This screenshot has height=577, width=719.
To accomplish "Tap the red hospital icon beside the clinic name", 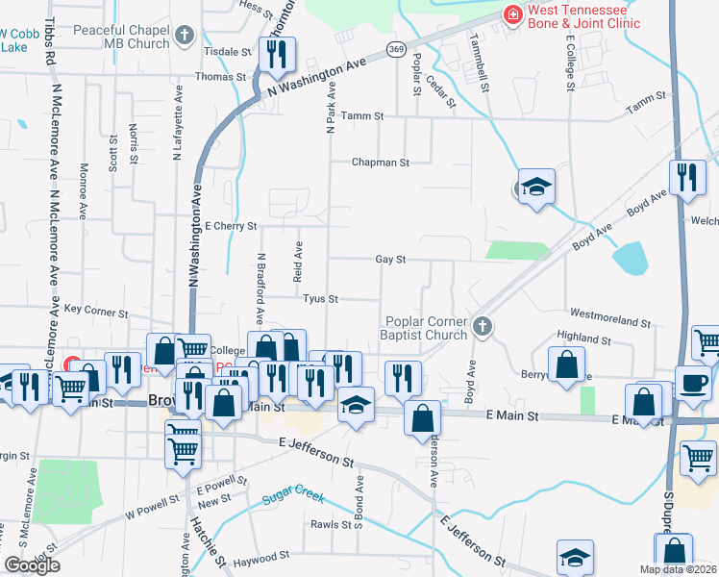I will click(512, 15).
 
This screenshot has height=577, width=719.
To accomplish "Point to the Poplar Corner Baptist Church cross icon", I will click(483, 328).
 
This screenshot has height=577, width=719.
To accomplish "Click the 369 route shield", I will click(394, 47).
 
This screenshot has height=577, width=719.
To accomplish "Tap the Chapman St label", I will click(380, 163).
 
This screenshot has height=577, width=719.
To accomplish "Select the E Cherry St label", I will click(231, 226).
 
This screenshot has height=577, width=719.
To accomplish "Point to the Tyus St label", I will click(320, 299).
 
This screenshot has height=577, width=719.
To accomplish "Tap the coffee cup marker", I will click(692, 382).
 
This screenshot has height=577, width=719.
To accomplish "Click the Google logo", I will click(32, 566).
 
